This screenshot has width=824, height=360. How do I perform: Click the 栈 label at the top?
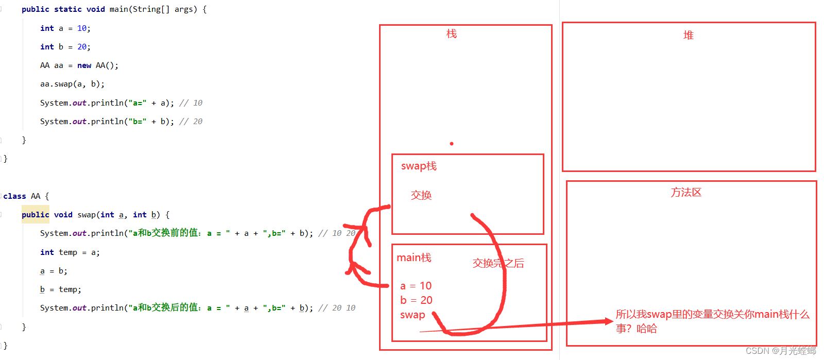[x=452, y=34]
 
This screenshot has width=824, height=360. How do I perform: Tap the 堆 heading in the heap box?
[x=689, y=36]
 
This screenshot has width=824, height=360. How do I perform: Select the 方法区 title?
[x=686, y=193]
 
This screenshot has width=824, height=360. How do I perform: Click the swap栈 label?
[x=419, y=166]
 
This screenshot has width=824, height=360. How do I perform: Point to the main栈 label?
[x=414, y=258]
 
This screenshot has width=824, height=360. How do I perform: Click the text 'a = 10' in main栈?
[x=416, y=286]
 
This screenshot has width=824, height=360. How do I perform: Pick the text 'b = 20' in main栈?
[x=416, y=300]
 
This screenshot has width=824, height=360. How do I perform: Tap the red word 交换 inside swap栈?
[x=421, y=195]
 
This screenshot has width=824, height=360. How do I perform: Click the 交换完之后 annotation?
[x=498, y=264]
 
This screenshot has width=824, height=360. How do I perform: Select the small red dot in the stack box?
[x=452, y=144]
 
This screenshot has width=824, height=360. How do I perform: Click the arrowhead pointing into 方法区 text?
[x=609, y=321]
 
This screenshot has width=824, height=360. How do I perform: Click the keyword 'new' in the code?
[x=84, y=65]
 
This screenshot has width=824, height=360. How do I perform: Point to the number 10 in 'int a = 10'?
[x=82, y=28]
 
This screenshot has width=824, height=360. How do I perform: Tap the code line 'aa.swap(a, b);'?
[x=72, y=84]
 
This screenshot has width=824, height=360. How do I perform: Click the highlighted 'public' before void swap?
[x=36, y=215]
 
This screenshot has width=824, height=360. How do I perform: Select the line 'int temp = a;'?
[x=70, y=252]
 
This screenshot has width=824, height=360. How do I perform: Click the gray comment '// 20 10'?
[x=336, y=308]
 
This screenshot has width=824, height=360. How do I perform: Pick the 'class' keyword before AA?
[x=14, y=196]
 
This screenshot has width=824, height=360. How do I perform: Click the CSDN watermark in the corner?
[x=780, y=351]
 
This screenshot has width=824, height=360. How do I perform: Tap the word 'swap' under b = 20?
[x=413, y=315]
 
